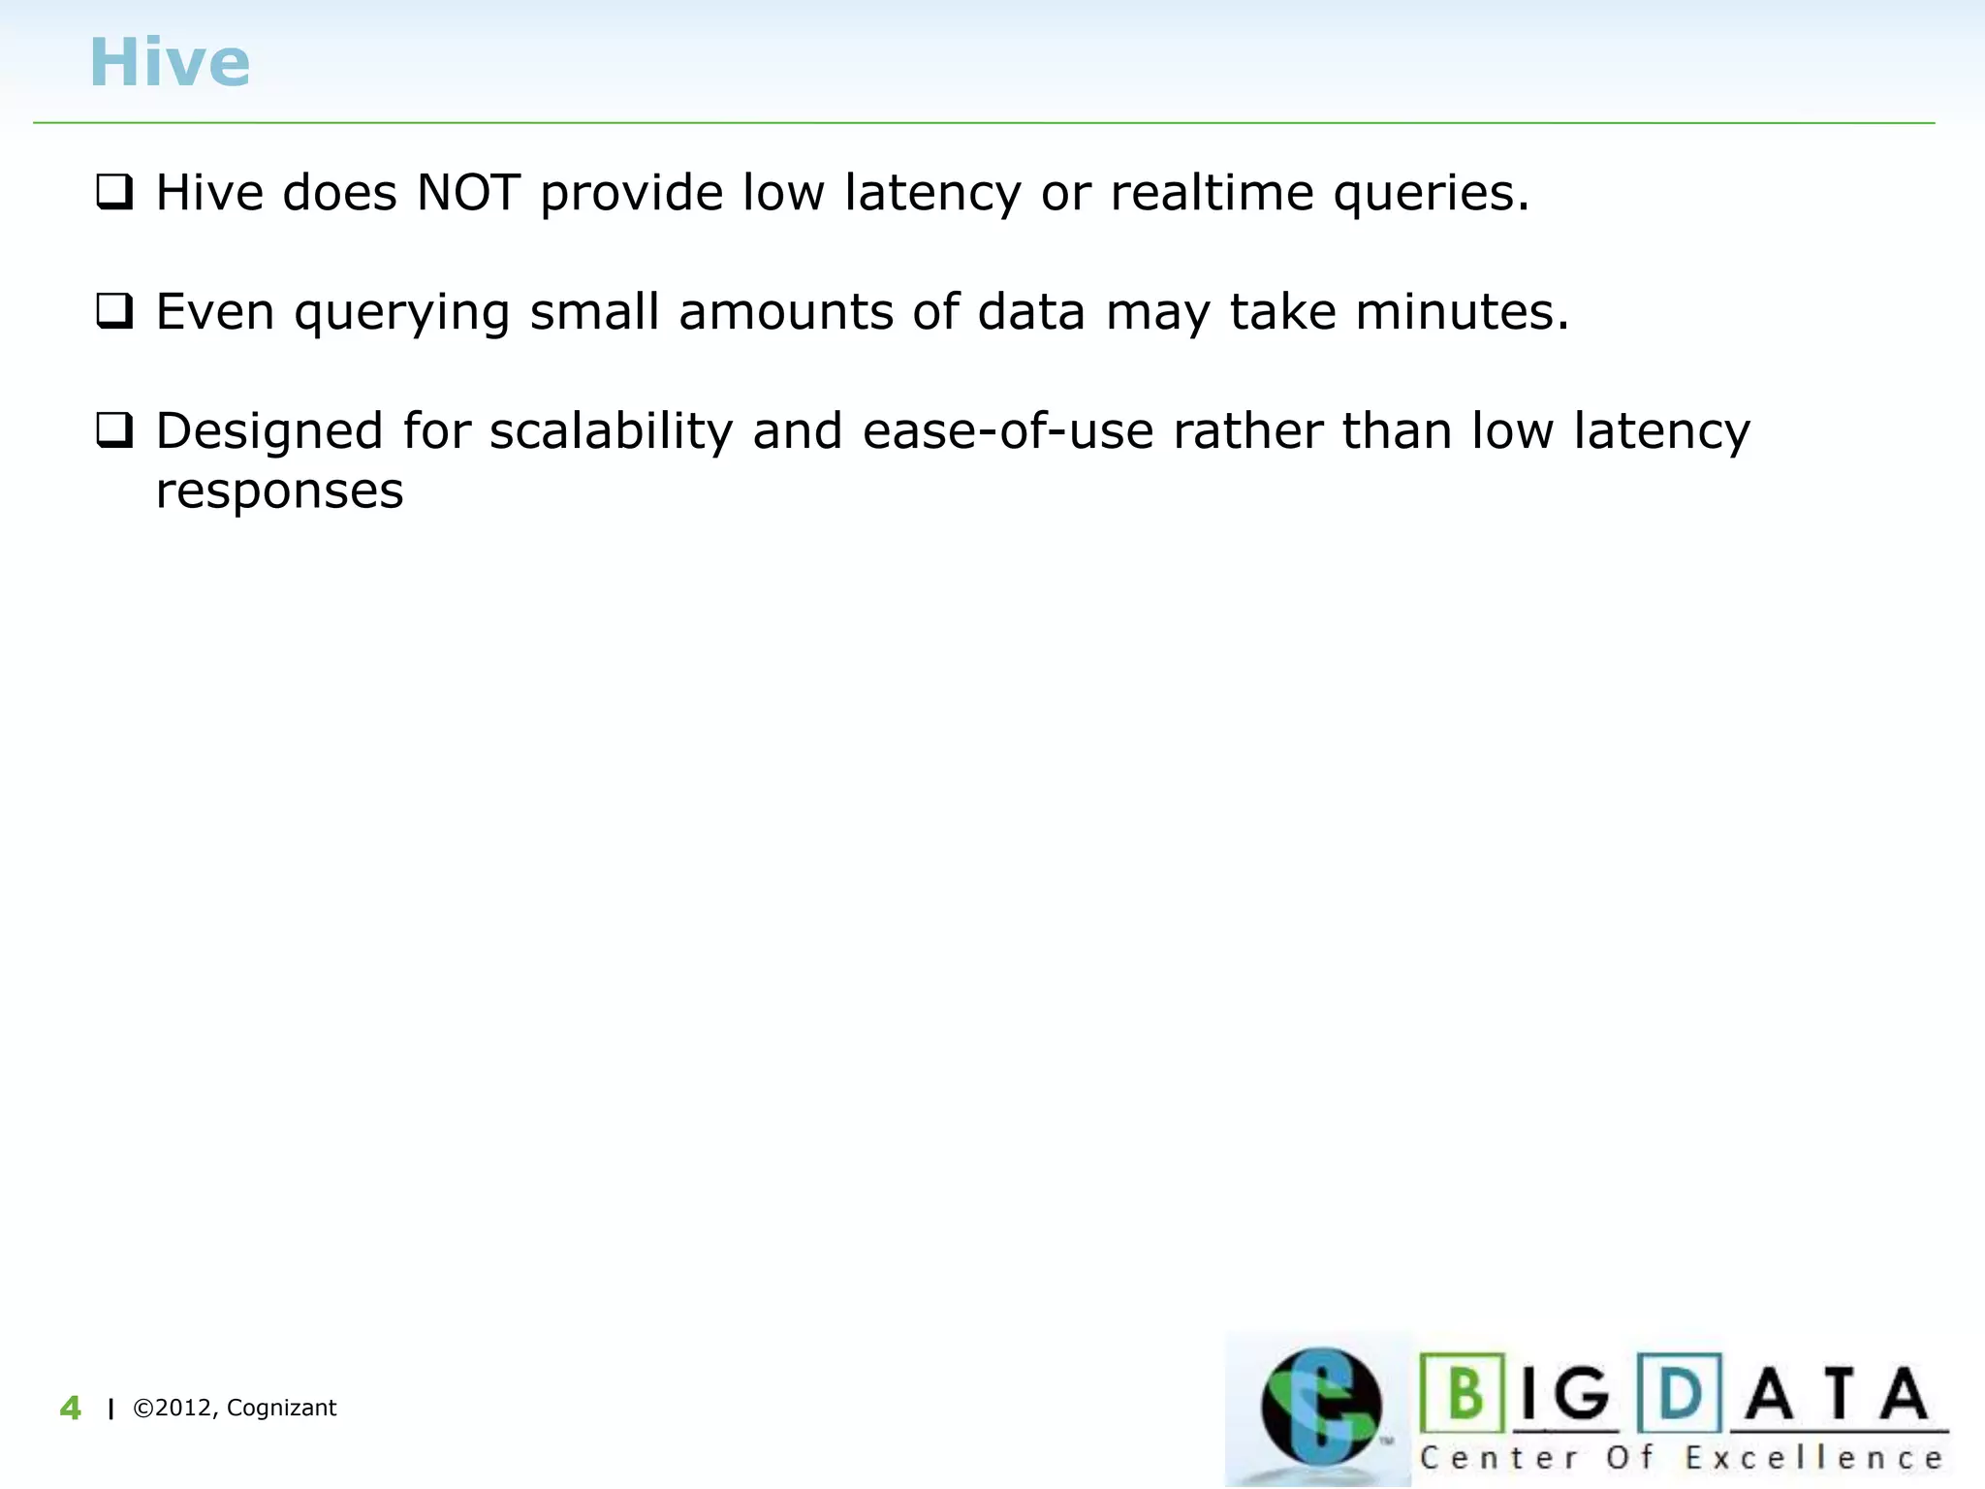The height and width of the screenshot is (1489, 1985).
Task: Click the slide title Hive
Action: [170, 63]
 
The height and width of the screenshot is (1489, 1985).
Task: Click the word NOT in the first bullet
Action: [468, 192]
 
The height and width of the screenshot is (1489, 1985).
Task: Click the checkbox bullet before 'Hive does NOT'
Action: [114, 192]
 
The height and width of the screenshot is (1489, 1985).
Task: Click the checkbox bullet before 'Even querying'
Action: [114, 312]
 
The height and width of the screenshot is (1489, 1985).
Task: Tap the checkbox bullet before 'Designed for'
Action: [114, 430]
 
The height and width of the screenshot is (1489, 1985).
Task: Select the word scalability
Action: [611, 432]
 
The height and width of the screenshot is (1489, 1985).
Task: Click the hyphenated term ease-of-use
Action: [1008, 432]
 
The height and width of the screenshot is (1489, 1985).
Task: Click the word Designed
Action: [269, 432]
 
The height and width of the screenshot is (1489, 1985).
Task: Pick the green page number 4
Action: [70, 1409]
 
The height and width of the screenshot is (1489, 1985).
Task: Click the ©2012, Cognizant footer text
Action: [235, 1409]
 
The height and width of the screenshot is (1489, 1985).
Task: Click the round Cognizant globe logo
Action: [1320, 1407]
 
